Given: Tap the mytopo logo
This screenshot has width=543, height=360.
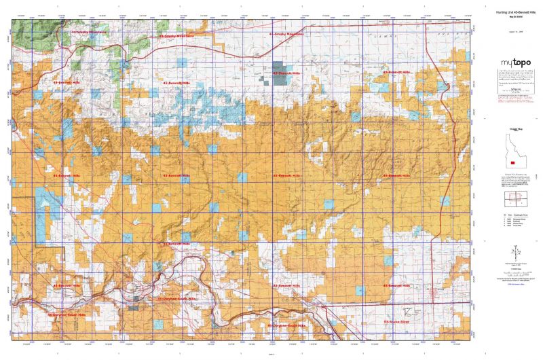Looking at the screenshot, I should pyautogui.click(x=511, y=62).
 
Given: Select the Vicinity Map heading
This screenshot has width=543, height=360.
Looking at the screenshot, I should pyautogui.click(x=511, y=128).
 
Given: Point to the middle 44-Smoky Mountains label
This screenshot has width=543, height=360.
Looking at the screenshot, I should pyautogui.click(x=176, y=35).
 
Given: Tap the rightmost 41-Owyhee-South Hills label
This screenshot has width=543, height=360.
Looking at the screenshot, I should pyautogui.click(x=287, y=325).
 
